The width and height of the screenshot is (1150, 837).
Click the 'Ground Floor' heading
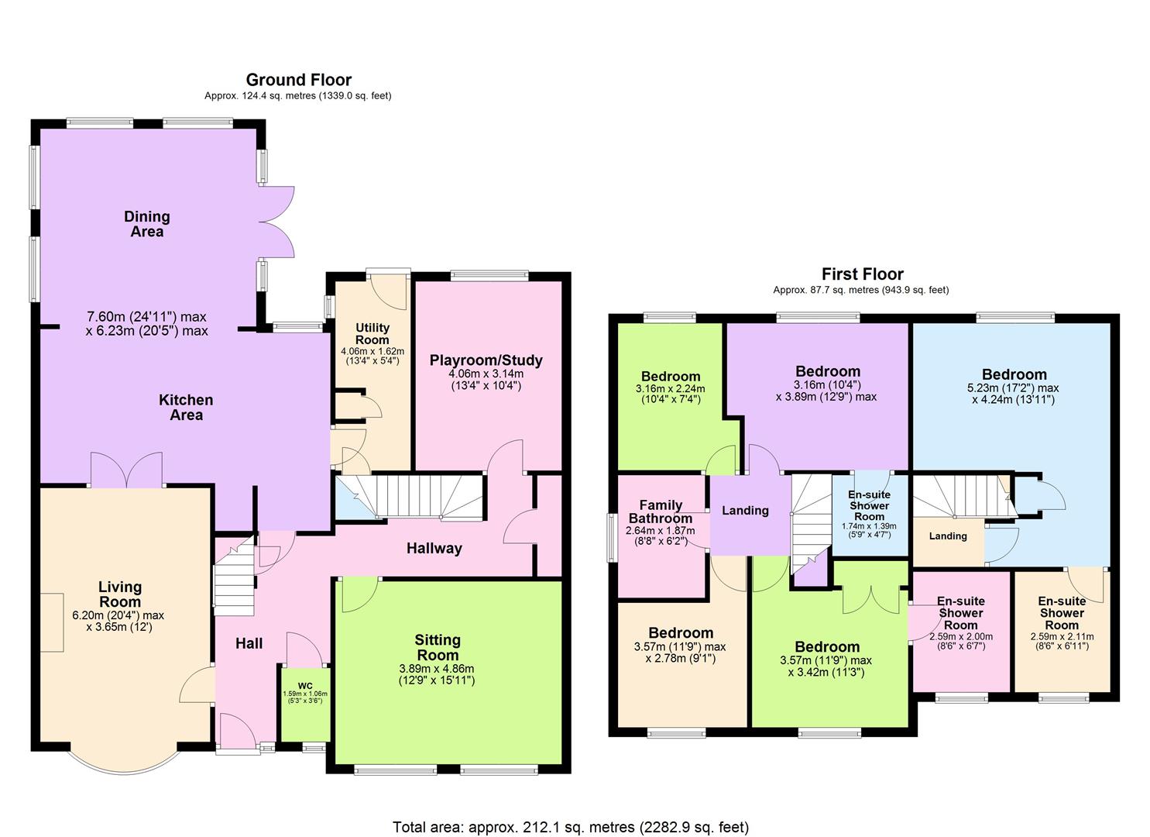pos(298,80)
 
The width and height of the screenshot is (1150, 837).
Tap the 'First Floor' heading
pos(862,274)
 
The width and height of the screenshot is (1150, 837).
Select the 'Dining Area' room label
pos(146,224)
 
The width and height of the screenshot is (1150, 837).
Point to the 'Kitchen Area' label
pos(186,408)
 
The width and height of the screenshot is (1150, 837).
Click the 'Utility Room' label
pos(372,334)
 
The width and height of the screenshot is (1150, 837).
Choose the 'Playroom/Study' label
pos(486,360)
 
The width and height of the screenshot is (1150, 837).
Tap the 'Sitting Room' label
pos(438,647)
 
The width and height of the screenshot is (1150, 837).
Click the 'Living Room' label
pos(119,594)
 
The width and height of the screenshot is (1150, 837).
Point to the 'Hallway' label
pos(434,549)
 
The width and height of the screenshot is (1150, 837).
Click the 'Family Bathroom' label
pos(660,511)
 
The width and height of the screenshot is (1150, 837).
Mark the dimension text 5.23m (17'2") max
pos(1014,388)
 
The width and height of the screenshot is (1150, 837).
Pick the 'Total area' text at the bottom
pos(571,827)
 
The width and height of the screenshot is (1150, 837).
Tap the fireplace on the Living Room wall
pos(52,622)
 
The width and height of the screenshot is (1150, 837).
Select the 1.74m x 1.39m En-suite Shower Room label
pos(869,505)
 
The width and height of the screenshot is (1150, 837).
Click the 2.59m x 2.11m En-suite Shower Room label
pos(1061,612)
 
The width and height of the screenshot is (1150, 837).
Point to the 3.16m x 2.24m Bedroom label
pos(670,377)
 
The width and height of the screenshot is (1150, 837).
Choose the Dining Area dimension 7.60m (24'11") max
pos(146,316)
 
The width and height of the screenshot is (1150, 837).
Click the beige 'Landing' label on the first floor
pos(947,536)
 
